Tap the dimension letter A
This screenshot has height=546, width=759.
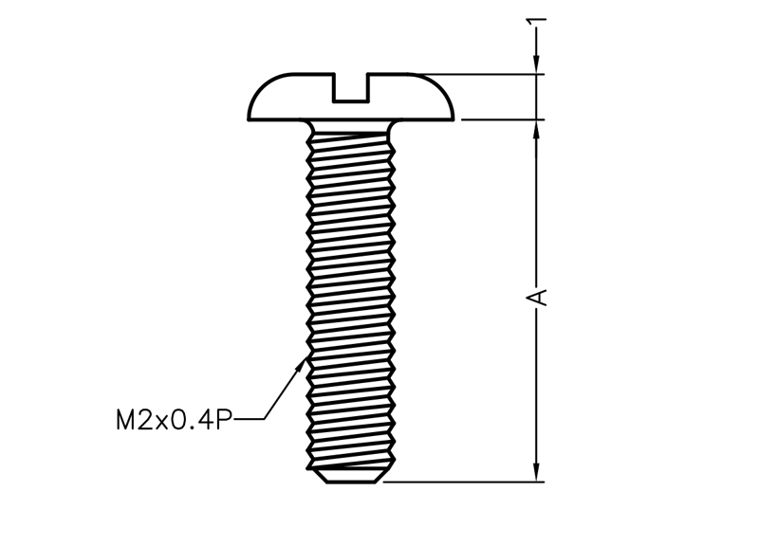pos(537,298)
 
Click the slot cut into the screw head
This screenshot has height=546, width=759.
pos(351,87)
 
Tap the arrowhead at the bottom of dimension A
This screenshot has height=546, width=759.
pos(536,471)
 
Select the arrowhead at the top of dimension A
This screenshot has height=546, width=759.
pos(536,130)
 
